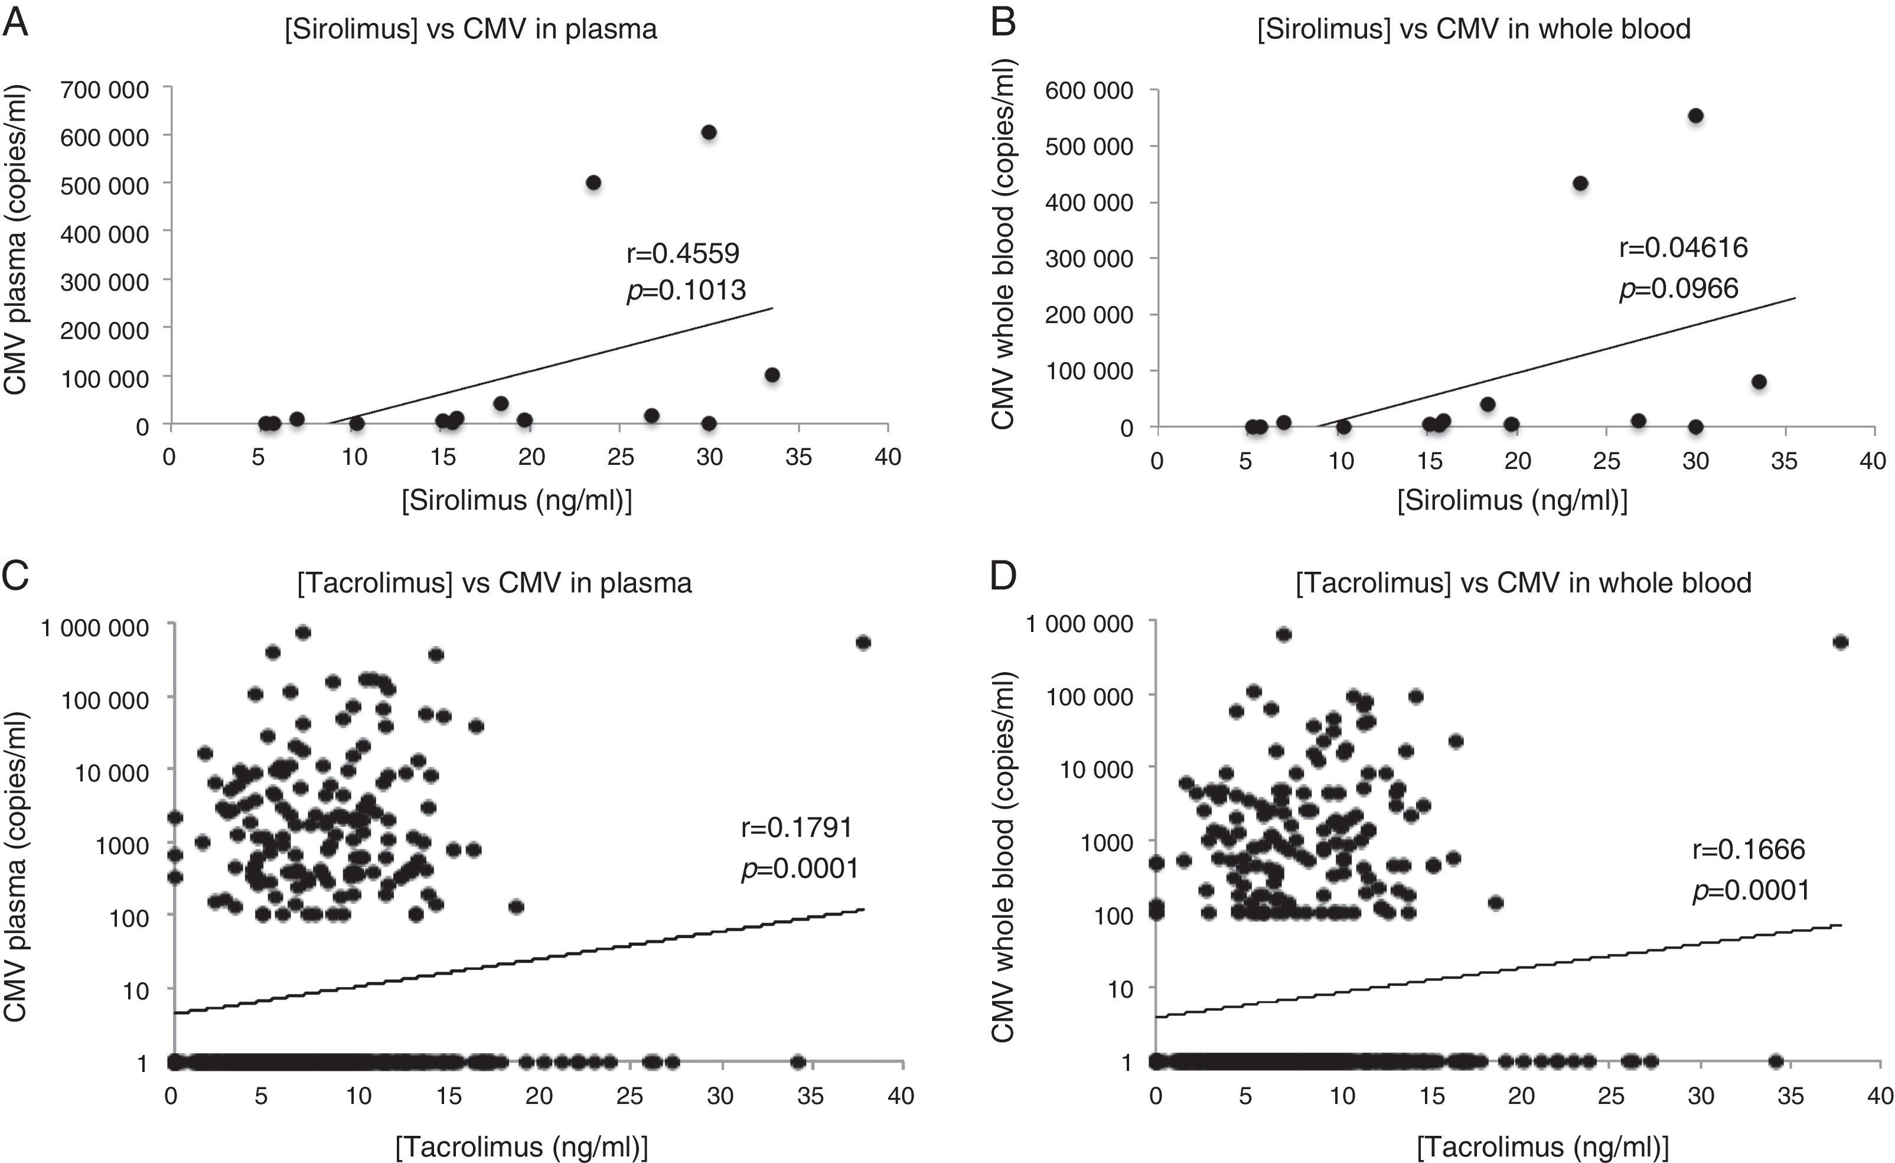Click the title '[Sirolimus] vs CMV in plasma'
(471, 29)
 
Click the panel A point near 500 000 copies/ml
(593, 183)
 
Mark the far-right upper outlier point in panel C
(863, 642)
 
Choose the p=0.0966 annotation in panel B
(1678, 288)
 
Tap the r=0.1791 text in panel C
(797, 828)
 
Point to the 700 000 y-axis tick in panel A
(105, 90)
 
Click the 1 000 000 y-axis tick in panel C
(95, 628)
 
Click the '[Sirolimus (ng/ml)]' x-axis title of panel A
(517, 501)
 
